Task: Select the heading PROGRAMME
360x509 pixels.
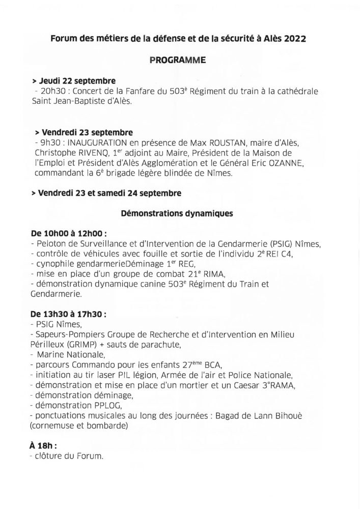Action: click(178, 61)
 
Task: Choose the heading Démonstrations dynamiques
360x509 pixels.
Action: click(177, 214)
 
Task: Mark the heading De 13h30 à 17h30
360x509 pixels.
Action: click(68, 314)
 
